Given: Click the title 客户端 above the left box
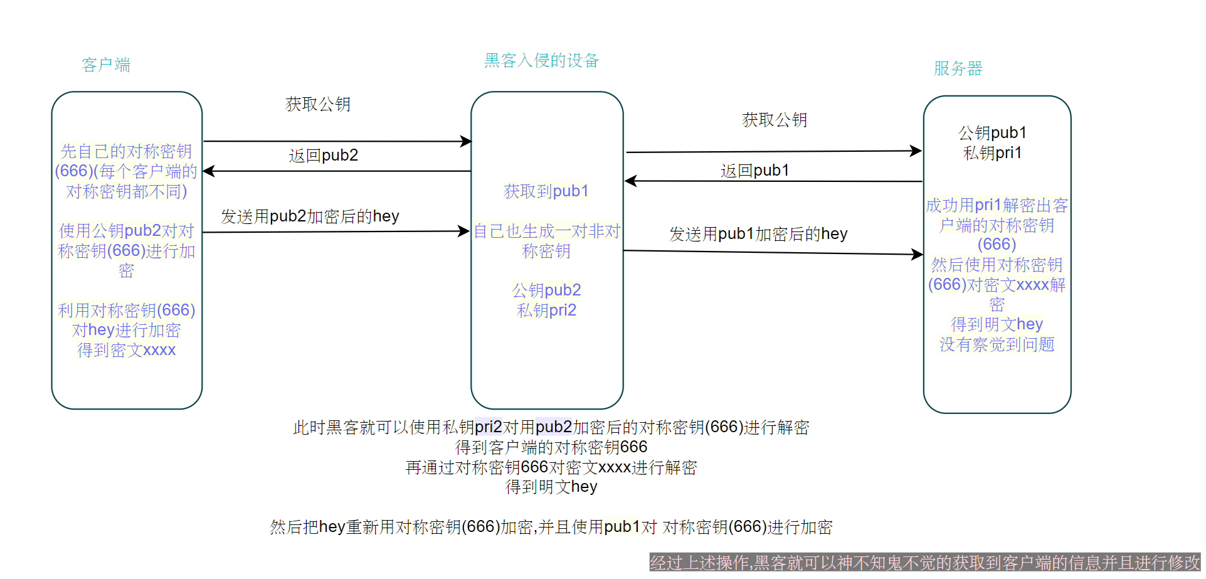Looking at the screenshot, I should click(x=106, y=65).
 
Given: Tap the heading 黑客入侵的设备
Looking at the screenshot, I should click(x=542, y=61).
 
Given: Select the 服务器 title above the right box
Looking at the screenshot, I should click(x=958, y=68).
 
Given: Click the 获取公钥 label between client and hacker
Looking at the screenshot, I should click(x=318, y=104).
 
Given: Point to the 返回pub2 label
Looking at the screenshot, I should click(x=324, y=156).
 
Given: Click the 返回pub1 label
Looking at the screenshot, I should click(x=755, y=171).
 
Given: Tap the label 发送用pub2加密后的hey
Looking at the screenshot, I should click(x=310, y=216).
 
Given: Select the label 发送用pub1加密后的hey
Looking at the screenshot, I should click(x=758, y=234).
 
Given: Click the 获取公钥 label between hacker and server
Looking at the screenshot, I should click(x=775, y=120).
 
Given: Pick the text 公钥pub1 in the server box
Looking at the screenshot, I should click(x=992, y=133).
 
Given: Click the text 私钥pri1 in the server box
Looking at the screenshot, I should click(x=992, y=153).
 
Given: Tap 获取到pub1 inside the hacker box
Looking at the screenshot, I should click(x=546, y=191).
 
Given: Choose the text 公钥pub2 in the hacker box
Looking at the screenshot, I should click(x=546, y=290).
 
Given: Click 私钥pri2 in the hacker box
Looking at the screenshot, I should click(x=546, y=311).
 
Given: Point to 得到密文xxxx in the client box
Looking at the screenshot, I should click(x=126, y=350).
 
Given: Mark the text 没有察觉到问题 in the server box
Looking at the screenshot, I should click(x=997, y=344).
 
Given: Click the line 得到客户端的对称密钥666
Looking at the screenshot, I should click(x=551, y=447).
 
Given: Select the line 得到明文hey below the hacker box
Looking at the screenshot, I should click(x=551, y=487).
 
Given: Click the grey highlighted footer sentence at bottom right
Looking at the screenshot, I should click(x=924, y=563).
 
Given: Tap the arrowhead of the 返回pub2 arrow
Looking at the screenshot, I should click(x=208, y=171).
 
